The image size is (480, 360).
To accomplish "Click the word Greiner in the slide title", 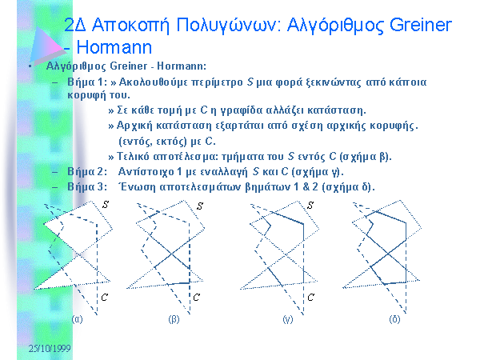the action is point(421,25).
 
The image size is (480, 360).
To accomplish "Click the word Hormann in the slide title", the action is point(114,47).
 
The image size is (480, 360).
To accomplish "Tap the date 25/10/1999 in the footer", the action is point(50,348).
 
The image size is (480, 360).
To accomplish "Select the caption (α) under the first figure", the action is point(77,319).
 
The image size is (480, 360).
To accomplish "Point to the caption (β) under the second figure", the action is point(174,319).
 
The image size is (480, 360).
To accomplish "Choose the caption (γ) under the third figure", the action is point(288,319).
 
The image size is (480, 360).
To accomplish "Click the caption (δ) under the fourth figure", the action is point(394,319).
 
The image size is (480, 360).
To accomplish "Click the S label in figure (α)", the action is point(106,205).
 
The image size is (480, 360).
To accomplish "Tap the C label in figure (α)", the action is point(104,298).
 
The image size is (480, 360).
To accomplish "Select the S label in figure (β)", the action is point(199,206).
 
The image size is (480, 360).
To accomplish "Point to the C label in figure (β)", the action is point(196,297).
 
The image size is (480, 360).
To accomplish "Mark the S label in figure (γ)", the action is point(310,205).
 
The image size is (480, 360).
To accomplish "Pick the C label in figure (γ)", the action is point(310,298).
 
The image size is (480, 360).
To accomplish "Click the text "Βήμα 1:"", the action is point(87,82).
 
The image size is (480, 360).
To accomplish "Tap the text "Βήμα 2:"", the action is point(87,172).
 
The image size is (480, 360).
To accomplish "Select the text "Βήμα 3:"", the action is point(87,187).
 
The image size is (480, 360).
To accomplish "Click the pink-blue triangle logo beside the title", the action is point(46,46).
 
